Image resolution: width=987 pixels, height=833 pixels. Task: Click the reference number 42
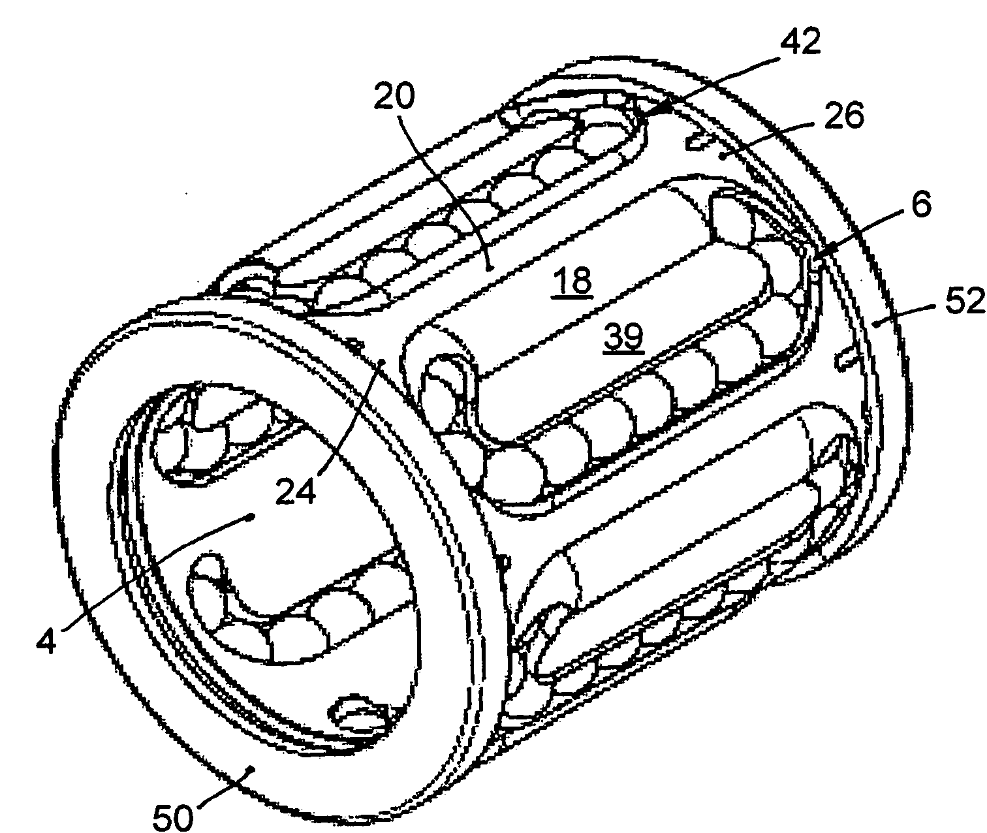pos(800,42)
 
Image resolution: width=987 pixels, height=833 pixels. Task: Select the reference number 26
pos(844,116)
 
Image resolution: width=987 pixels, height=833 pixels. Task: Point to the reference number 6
pos(921,204)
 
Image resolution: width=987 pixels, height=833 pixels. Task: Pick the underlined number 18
pos(573,281)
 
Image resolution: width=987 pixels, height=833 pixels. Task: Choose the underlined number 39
pos(623,337)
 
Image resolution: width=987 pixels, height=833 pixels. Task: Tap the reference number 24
pos(295,492)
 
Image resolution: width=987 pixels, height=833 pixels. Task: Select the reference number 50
pos(173,817)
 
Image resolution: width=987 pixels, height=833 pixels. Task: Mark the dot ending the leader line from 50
pos(251,769)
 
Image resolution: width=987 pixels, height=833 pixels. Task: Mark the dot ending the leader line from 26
pos(721,155)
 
